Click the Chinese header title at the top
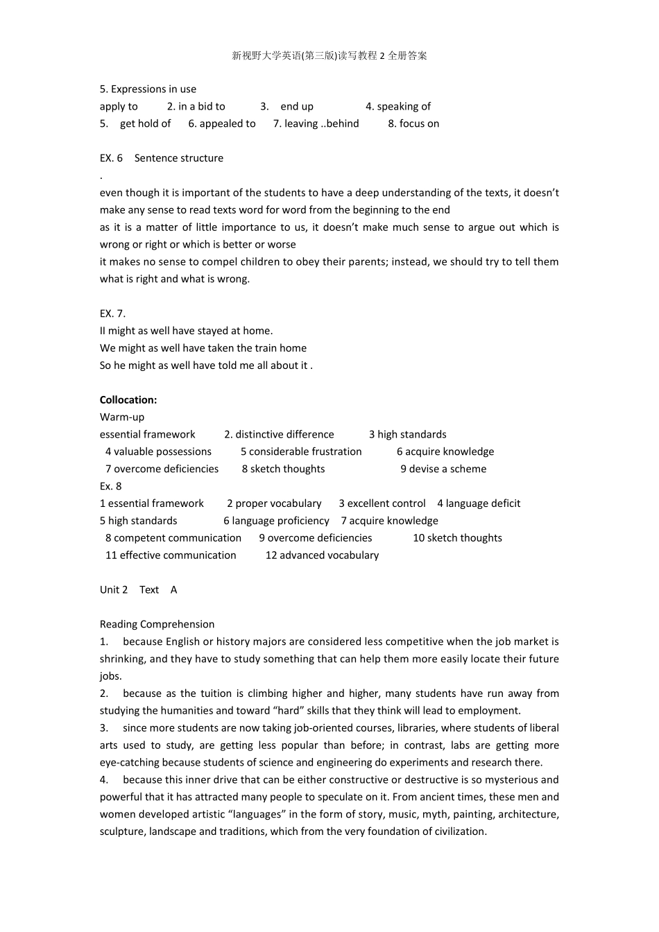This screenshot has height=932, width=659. tap(329, 55)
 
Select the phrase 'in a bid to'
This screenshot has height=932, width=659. tap(201, 106)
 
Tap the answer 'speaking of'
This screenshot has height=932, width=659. tap(403, 106)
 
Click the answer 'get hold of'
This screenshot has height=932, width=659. tap(145, 123)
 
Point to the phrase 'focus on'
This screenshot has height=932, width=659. tap(419, 123)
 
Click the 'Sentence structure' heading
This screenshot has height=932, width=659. tap(179, 158)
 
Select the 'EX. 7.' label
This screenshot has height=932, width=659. tap(112, 313)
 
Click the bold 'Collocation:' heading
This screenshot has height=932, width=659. tap(128, 400)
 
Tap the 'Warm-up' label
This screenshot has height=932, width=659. tap(122, 417)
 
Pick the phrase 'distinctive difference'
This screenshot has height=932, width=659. tap(284, 435)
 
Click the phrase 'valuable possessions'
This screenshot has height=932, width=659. tap(162, 452)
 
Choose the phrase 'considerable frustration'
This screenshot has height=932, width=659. tap(305, 452)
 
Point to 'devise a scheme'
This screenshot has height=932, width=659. tap(447, 469)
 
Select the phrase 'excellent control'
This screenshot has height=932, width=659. tap(386, 503)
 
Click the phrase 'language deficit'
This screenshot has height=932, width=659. tap(483, 503)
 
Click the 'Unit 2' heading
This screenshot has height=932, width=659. tap(114, 590)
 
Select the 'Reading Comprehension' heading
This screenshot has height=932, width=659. tap(157, 625)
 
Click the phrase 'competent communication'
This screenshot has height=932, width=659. tap(178, 538)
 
